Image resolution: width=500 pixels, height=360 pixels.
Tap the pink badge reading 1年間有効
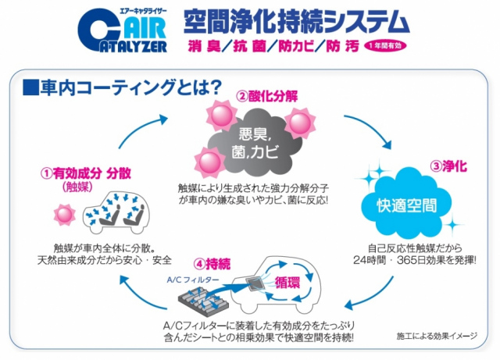click(388, 45)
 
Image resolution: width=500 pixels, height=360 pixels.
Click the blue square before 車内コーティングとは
click(30, 84)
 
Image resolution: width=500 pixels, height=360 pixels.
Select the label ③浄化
click(448, 166)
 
